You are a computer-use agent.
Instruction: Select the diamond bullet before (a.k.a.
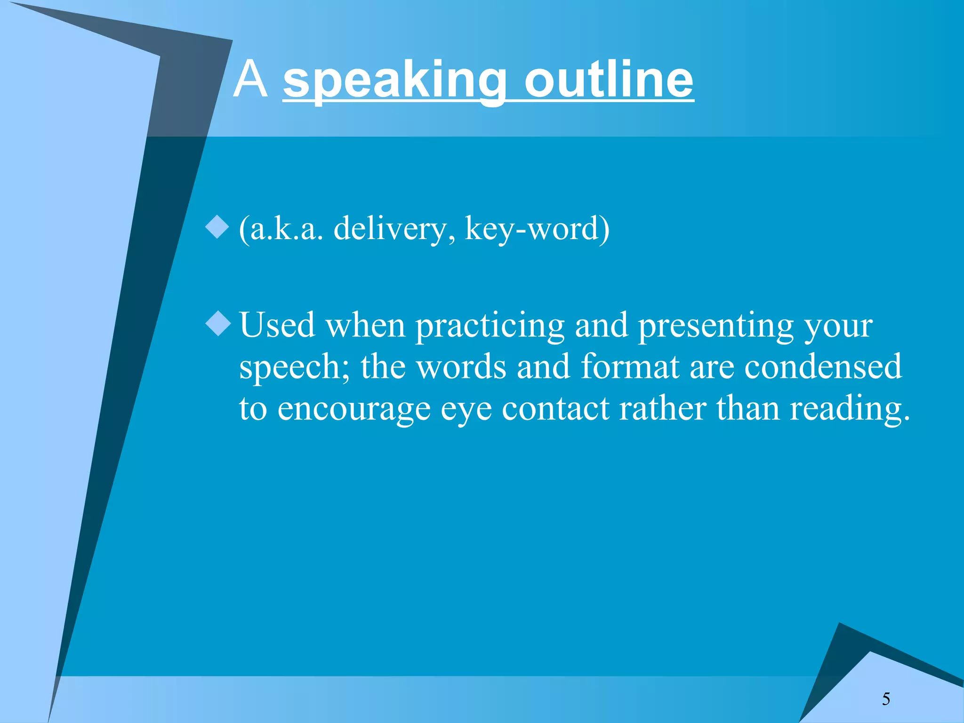coord(217,227)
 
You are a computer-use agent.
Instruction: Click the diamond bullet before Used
coord(218,324)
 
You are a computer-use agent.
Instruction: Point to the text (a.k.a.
coord(281,229)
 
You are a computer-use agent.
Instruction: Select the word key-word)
coord(537,229)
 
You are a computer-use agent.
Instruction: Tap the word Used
coord(277,325)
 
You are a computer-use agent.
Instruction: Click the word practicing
coord(490,326)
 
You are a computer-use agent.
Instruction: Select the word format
coord(630,367)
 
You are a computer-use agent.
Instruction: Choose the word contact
coord(555,409)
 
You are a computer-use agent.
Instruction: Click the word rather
coord(662,409)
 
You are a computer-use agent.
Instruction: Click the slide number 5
coord(886,699)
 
